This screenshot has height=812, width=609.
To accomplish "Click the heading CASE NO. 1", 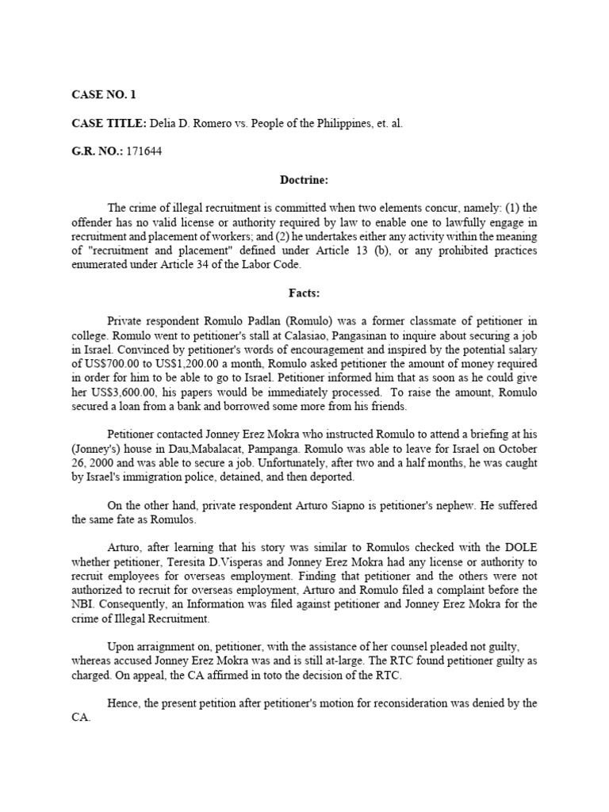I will point(104,94).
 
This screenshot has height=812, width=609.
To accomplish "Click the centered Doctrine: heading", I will point(304,179).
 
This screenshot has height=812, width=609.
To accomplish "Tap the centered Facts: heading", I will point(304,293).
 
